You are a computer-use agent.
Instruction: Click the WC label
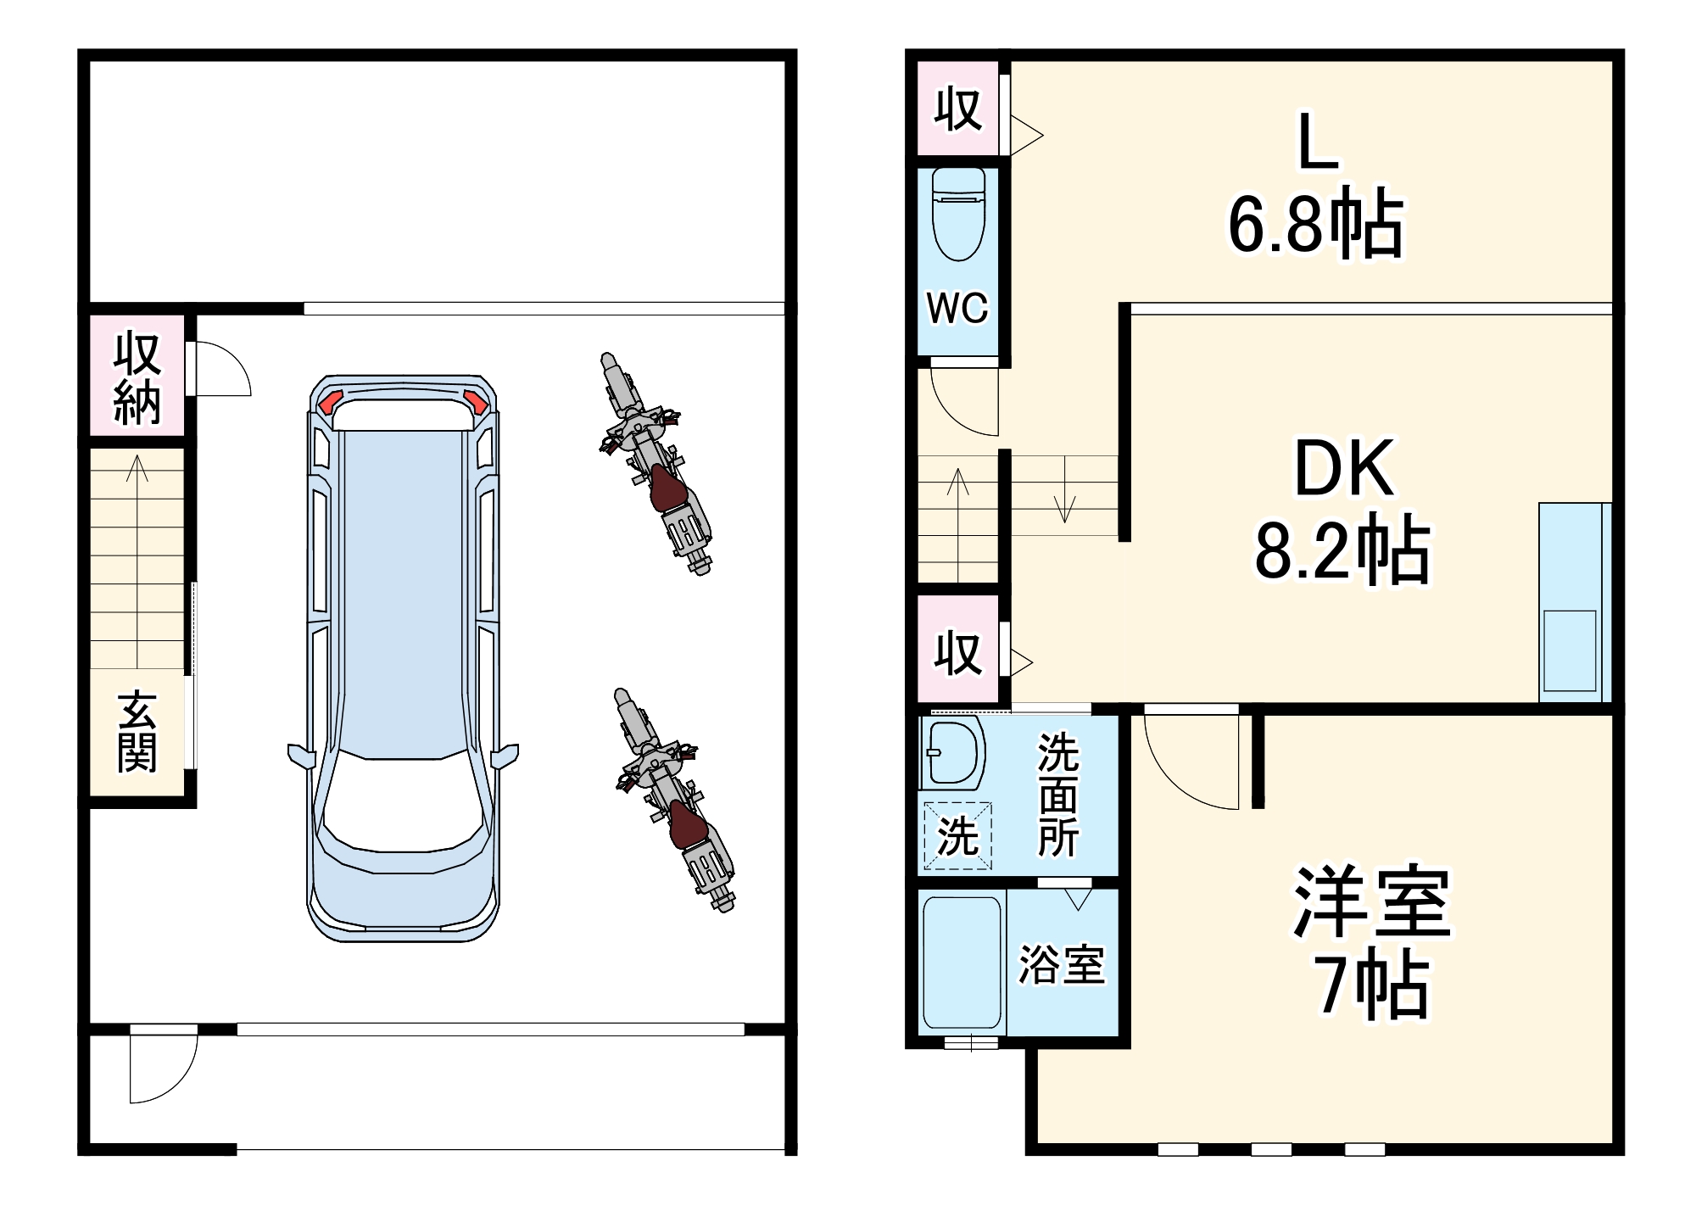[x=957, y=308]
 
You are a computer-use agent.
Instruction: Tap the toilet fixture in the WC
[x=958, y=215]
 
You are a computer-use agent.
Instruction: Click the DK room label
[x=1344, y=468]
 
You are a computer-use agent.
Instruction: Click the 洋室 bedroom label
[x=1371, y=901]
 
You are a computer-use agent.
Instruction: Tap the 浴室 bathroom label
[x=1062, y=965]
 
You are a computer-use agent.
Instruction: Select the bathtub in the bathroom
[x=962, y=963]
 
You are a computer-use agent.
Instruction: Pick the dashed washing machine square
[x=957, y=836]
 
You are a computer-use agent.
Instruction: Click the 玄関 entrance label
[x=137, y=732]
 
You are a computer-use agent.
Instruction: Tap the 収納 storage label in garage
[x=137, y=377]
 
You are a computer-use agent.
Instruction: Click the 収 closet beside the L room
[x=958, y=109]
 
